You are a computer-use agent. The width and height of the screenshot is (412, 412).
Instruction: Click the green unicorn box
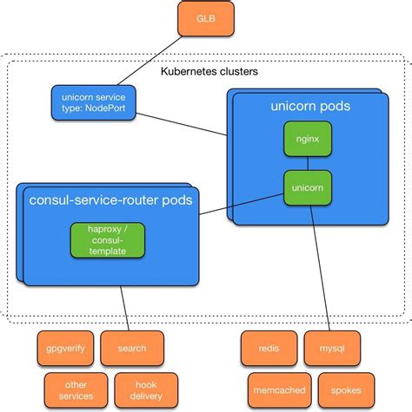pos(307,186)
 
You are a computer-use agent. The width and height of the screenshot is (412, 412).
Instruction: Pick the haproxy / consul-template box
pos(106,239)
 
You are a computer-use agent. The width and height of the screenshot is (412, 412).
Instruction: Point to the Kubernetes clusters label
pos(209,71)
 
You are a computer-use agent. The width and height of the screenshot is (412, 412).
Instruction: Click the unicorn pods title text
pos(310,106)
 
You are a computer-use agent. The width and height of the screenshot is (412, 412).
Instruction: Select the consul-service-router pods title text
pos(110,200)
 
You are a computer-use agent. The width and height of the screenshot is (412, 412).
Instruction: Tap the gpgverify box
pos(63,349)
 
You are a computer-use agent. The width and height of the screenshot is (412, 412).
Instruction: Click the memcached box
pos(275,390)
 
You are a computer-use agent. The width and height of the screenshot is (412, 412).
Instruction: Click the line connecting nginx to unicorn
pos(307,163)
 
